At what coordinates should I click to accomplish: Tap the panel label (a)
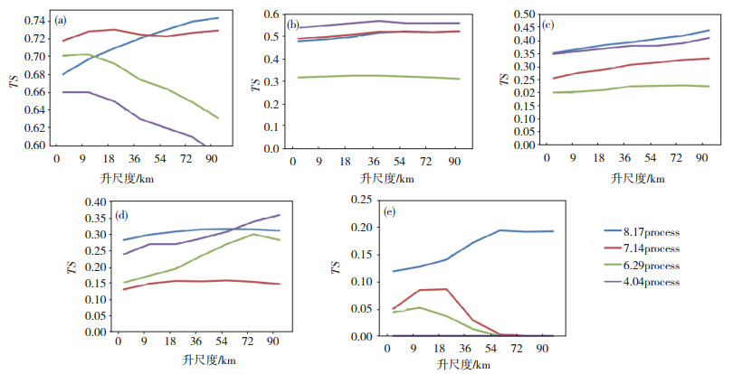[61, 20]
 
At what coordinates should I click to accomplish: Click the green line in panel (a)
[163, 80]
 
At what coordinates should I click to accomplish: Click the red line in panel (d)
[199, 281]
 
